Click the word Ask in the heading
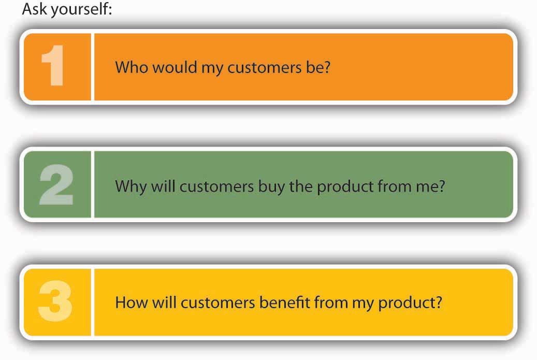click(35, 8)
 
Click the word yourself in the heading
click(81, 10)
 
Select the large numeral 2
click(56, 184)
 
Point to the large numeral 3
click(55, 301)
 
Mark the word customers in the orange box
click(265, 67)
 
